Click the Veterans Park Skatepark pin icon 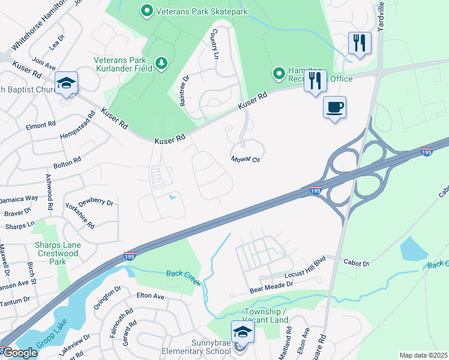tap(146, 10)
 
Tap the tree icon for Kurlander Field tap(160, 62)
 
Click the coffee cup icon tap(335, 107)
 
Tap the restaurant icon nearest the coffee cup tap(315, 80)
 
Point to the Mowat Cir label tap(246, 160)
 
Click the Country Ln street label tap(215, 45)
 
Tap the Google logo tap(20, 353)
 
